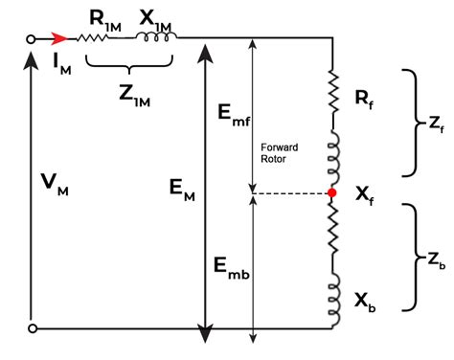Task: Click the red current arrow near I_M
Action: tap(59, 40)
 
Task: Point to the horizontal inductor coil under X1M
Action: tap(152, 40)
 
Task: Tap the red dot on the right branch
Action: tap(332, 193)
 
